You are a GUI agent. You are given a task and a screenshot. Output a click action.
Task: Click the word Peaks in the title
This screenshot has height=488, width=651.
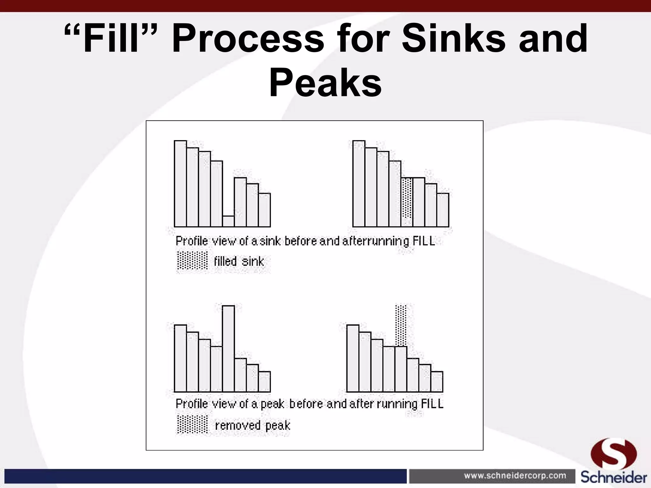[x=325, y=83]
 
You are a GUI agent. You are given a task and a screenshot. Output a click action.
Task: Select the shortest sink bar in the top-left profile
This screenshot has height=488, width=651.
[x=228, y=221]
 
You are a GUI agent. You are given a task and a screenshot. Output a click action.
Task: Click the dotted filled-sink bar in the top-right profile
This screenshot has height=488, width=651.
[x=407, y=202]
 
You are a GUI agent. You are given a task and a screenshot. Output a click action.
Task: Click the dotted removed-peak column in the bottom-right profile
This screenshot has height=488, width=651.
[x=401, y=325]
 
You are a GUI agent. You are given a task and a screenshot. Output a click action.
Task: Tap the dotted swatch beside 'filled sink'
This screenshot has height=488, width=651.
[x=192, y=261]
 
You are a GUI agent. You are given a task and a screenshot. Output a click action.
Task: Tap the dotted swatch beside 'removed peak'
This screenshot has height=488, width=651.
[x=192, y=425]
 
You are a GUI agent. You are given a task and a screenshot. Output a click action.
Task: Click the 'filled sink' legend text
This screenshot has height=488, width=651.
[x=239, y=262]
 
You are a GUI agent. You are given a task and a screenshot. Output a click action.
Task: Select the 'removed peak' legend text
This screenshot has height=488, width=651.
[x=253, y=425]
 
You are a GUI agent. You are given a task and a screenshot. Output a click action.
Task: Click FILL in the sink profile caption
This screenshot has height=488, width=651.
[x=424, y=241]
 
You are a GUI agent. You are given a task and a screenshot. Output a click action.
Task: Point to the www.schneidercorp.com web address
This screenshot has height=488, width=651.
[x=515, y=476]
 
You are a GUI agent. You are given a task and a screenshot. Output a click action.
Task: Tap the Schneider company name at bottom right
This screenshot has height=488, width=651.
[x=614, y=478]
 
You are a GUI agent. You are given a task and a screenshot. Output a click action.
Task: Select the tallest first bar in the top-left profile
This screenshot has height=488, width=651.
[x=180, y=183]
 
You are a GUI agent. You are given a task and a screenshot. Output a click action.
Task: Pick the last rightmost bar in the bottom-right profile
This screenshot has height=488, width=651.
[x=437, y=382]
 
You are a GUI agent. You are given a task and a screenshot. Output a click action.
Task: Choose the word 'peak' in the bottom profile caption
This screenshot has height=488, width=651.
[x=272, y=404]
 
